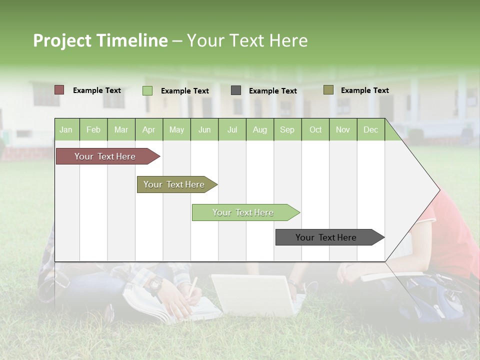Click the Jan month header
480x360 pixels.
click(66, 130)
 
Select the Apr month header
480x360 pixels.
click(149, 130)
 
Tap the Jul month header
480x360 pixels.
click(232, 130)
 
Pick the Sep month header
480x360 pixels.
click(287, 130)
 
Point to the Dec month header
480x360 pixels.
click(370, 130)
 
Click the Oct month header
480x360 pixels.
click(315, 130)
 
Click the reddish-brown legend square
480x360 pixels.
click(59, 90)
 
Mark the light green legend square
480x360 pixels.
click(147, 90)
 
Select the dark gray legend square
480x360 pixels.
click(235, 90)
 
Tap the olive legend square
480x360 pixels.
click(328, 90)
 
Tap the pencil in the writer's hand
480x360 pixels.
click(192, 285)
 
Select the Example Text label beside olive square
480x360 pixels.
click(364, 90)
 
